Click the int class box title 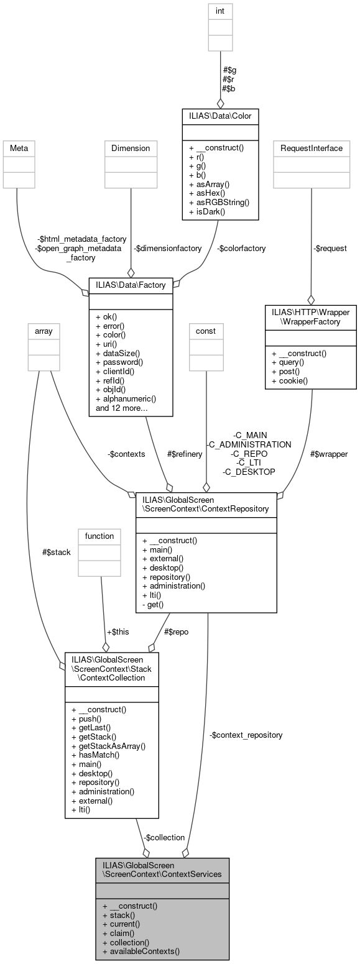(x=220, y=11)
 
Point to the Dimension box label (x=131, y=148)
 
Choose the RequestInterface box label (x=312, y=148)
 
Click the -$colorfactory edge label (x=241, y=248)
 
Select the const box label (x=206, y=331)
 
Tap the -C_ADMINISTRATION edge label (x=249, y=444)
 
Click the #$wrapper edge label (x=328, y=454)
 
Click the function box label (x=99, y=536)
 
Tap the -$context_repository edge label (x=246, y=735)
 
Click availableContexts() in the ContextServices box (x=141, y=951)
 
